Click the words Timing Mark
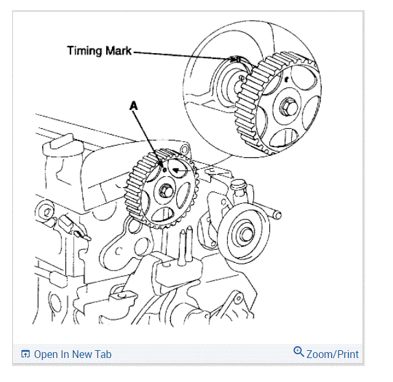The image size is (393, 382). tap(99, 51)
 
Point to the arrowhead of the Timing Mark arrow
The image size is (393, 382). tap(238, 60)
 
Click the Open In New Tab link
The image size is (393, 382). tap(73, 354)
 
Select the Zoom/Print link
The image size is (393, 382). tap(332, 354)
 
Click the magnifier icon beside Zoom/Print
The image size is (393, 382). tap(298, 352)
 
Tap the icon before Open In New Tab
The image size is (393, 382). tap(25, 354)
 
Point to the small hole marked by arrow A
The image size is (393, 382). tap(164, 169)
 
